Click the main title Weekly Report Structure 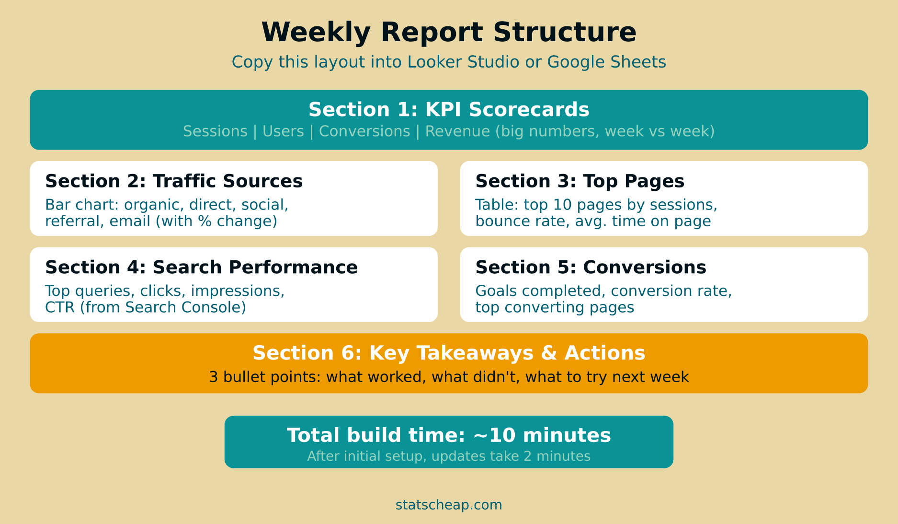click(x=449, y=33)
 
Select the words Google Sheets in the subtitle click(x=606, y=62)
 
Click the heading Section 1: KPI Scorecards click(x=449, y=110)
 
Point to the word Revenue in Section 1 click(x=457, y=131)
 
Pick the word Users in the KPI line click(x=283, y=131)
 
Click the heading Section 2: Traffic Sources click(x=174, y=181)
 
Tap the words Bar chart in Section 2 click(x=81, y=205)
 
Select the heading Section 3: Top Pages click(x=580, y=181)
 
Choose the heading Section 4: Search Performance click(x=201, y=268)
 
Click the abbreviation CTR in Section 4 click(x=60, y=307)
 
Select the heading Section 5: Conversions click(x=591, y=268)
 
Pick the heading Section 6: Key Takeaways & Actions click(x=449, y=353)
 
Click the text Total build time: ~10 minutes click(x=449, y=435)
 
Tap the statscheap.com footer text click(x=449, y=505)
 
